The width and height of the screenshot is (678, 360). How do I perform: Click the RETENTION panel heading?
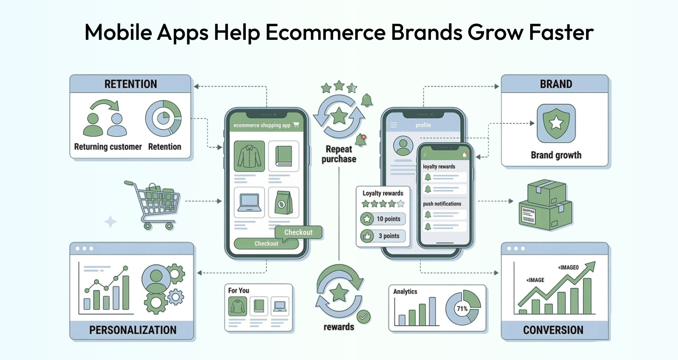coord(131,84)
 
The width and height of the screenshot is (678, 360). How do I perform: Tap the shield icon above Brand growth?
coord(556,123)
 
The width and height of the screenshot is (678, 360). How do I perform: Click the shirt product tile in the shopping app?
coord(250,156)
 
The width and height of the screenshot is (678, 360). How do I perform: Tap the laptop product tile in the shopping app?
coord(250,202)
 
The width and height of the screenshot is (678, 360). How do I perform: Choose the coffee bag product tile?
coord(283,202)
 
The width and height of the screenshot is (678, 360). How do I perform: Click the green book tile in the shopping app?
coord(283,156)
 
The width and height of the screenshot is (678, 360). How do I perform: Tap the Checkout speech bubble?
coord(298,233)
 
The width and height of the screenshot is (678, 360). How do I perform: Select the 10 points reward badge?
coord(383,219)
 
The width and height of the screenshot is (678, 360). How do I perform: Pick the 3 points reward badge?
coord(383,235)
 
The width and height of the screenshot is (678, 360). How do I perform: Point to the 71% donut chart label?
coord(462,309)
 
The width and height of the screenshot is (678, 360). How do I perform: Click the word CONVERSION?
coord(553,330)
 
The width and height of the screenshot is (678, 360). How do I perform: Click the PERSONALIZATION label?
coord(133,330)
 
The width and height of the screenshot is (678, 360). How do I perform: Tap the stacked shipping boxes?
coord(545,205)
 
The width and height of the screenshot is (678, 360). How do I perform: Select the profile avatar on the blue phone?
coord(403,146)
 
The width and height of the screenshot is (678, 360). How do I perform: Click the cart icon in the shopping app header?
coord(296,125)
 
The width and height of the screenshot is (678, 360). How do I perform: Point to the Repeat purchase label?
coord(339,154)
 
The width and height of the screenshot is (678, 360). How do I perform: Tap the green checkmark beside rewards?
coord(364,317)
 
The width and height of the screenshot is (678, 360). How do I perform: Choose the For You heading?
coord(239,291)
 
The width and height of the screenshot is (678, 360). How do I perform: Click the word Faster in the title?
coord(561,32)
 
